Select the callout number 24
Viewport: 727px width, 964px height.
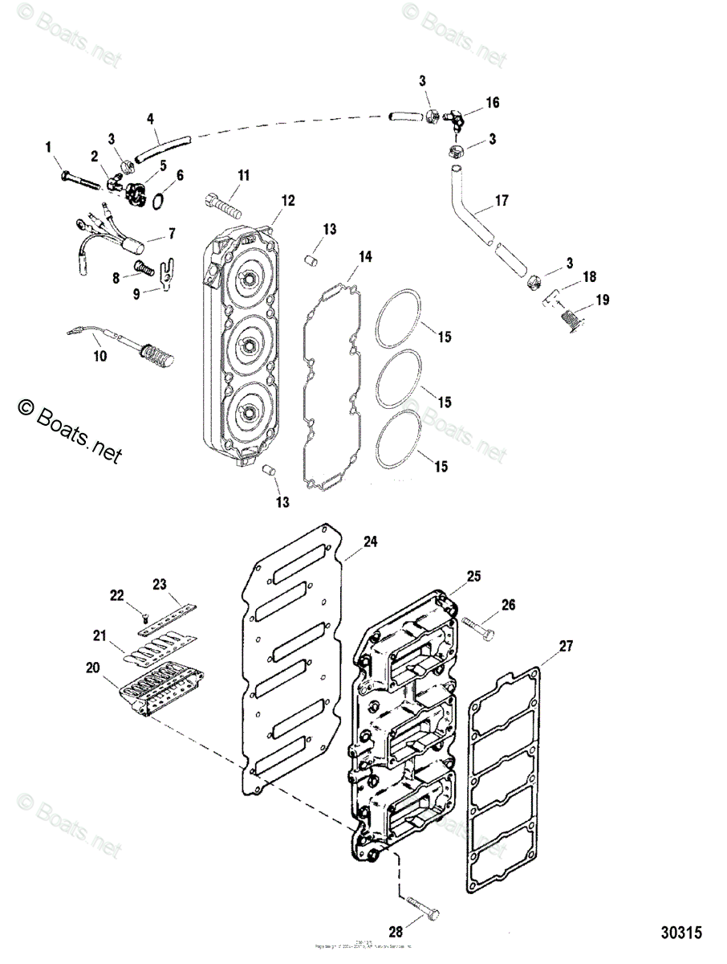point(370,542)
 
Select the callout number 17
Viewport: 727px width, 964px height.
point(502,201)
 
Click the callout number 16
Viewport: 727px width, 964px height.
point(492,102)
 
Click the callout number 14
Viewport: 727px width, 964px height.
point(365,257)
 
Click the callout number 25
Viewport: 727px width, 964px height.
point(473,575)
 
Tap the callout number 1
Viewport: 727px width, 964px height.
point(47,146)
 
